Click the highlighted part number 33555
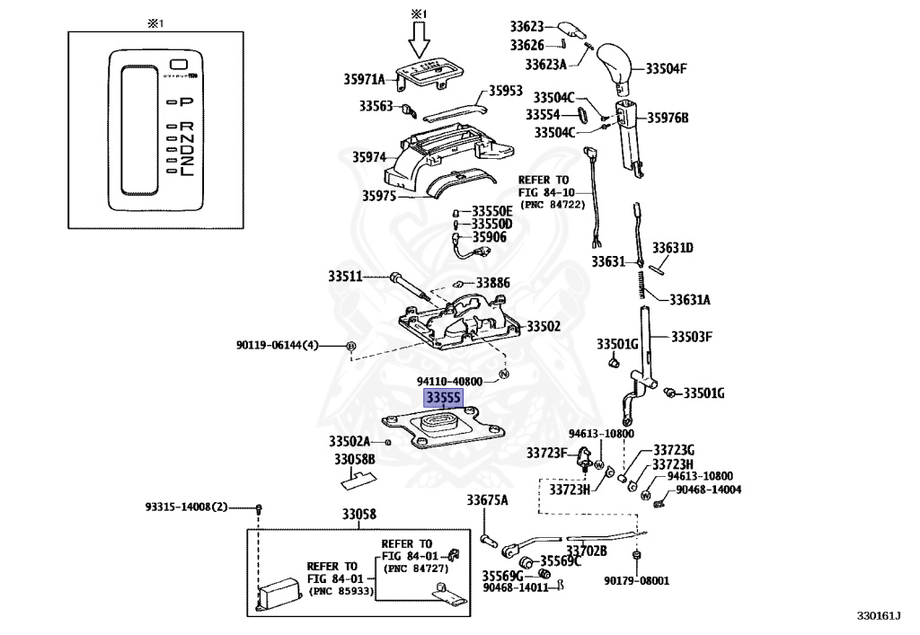pyautogui.click(x=443, y=398)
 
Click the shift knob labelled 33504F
pyautogui.click(x=615, y=66)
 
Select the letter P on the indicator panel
pyautogui.click(x=186, y=102)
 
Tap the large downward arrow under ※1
pyautogui.click(x=419, y=40)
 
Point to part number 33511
pyautogui.click(x=345, y=276)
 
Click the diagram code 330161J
pyautogui.click(x=879, y=615)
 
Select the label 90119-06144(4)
pyautogui.click(x=277, y=346)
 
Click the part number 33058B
pyautogui.click(x=354, y=459)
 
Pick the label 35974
pyautogui.click(x=369, y=157)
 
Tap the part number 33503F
pyautogui.click(x=691, y=337)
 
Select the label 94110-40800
pyautogui.click(x=449, y=381)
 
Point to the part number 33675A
pyautogui.click(x=487, y=500)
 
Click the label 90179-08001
pyautogui.click(x=637, y=580)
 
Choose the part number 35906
pyautogui.click(x=490, y=237)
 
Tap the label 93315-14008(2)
pyautogui.click(x=186, y=507)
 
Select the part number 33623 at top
pyautogui.click(x=526, y=26)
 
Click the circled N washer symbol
pyautogui.click(x=503, y=375)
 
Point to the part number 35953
pyautogui.click(x=505, y=90)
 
